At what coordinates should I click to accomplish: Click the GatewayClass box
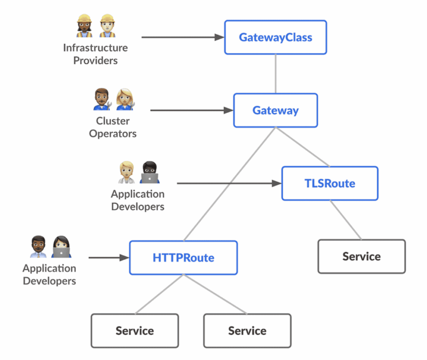pyautogui.click(x=275, y=38)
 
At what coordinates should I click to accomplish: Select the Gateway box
pyautogui.click(x=275, y=111)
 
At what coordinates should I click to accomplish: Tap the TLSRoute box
pyautogui.click(x=329, y=184)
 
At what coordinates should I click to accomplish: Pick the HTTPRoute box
pyautogui.click(x=183, y=258)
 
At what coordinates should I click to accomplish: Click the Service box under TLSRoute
pyautogui.click(x=361, y=257)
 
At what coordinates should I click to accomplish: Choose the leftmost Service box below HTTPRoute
pyautogui.click(x=135, y=331)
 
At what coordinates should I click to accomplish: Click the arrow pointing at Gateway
pyautogui.click(x=191, y=111)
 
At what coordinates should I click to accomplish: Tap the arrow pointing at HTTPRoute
pyautogui.click(x=109, y=258)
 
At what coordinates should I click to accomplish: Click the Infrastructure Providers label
pyautogui.click(x=95, y=54)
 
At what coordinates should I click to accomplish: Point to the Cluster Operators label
pyautogui.click(x=113, y=127)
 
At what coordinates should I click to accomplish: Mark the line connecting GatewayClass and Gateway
pyautogui.click(x=275, y=74)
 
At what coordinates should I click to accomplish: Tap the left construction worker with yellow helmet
pyautogui.click(x=84, y=26)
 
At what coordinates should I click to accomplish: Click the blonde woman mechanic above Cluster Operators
pyautogui.click(x=124, y=99)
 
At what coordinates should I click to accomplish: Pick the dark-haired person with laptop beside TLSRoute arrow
pyautogui.click(x=149, y=172)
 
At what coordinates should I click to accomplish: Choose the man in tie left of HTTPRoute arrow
pyautogui.click(x=38, y=247)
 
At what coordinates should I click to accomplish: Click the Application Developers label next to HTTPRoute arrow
pyautogui.click(x=49, y=274)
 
